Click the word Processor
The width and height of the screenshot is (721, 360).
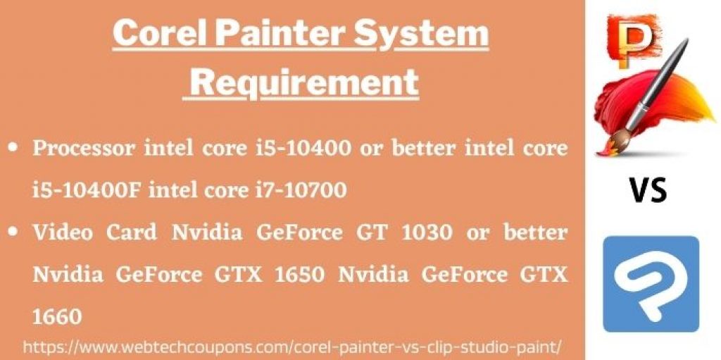84,148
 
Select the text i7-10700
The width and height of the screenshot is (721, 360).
300,190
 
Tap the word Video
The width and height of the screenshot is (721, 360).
63,232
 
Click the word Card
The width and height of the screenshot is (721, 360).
131,232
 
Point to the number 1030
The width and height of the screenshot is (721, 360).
427,232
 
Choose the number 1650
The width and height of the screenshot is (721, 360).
300,274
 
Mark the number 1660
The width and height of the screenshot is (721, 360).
57,316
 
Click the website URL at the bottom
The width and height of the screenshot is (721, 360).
292,346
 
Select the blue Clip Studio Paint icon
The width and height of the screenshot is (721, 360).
651,284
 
